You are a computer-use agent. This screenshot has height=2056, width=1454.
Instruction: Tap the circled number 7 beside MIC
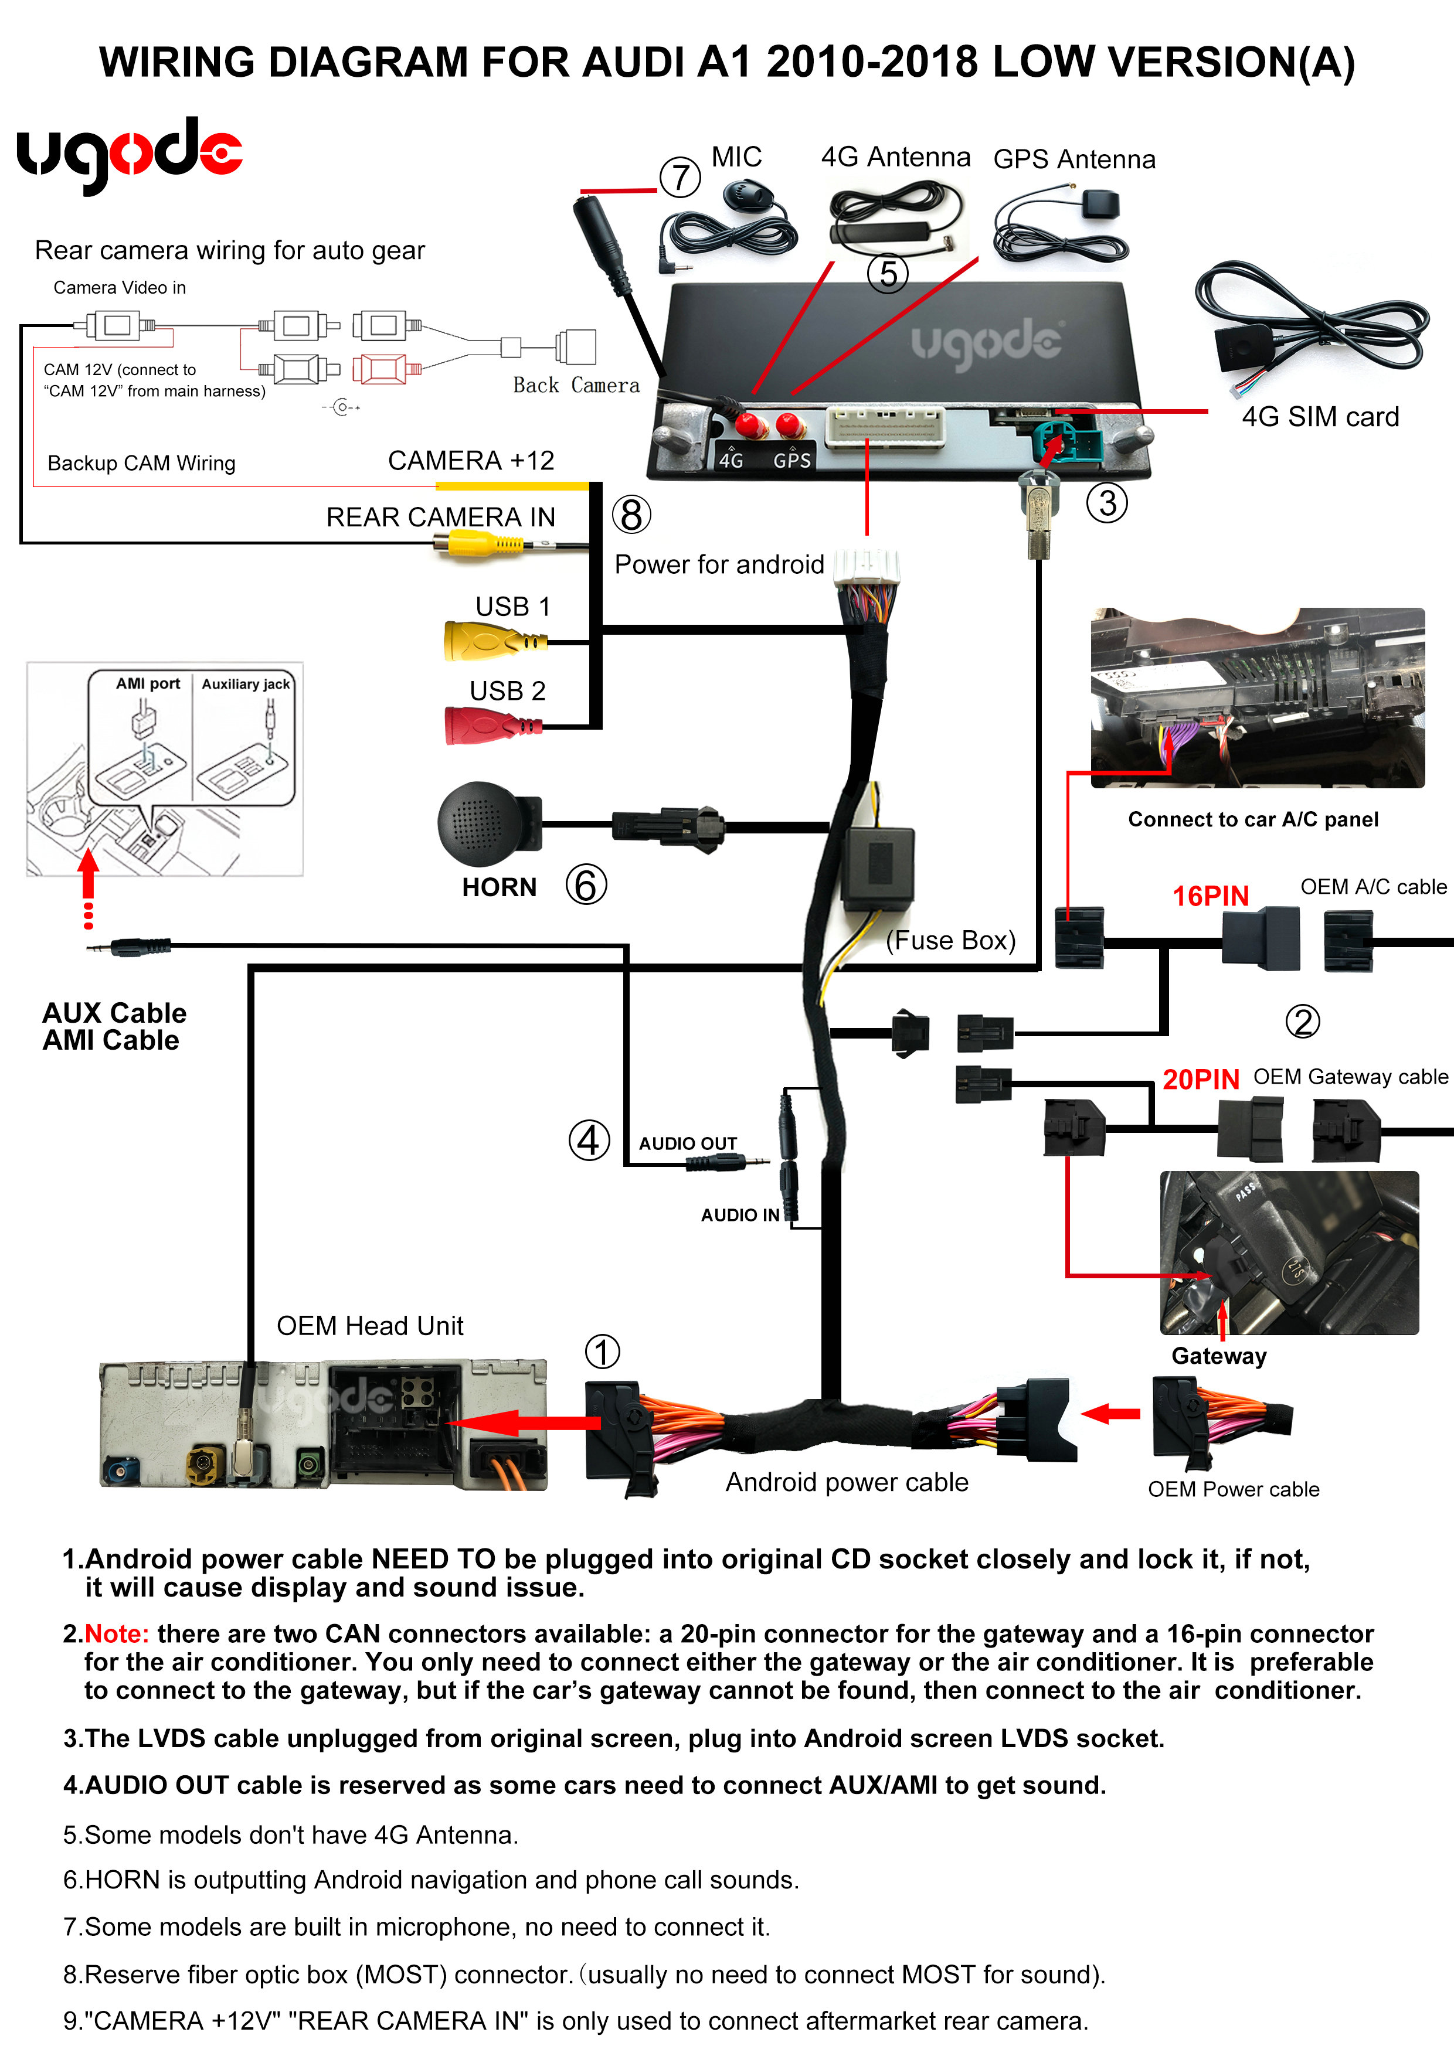[x=680, y=178]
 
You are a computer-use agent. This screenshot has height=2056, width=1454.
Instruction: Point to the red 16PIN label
[x=1210, y=896]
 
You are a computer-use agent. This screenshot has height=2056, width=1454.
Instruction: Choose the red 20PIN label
[x=1201, y=1079]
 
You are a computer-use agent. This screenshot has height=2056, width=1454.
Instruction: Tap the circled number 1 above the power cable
[x=602, y=1352]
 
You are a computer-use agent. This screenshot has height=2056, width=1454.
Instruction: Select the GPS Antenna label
[x=1074, y=159]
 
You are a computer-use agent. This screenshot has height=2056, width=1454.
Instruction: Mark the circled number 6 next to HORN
[x=586, y=885]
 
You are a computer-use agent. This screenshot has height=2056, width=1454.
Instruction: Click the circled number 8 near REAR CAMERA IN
[x=631, y=515]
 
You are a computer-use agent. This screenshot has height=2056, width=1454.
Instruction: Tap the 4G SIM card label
[x=1320, y=416]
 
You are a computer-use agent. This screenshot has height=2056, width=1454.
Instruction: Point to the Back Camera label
[x=576, y=385]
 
